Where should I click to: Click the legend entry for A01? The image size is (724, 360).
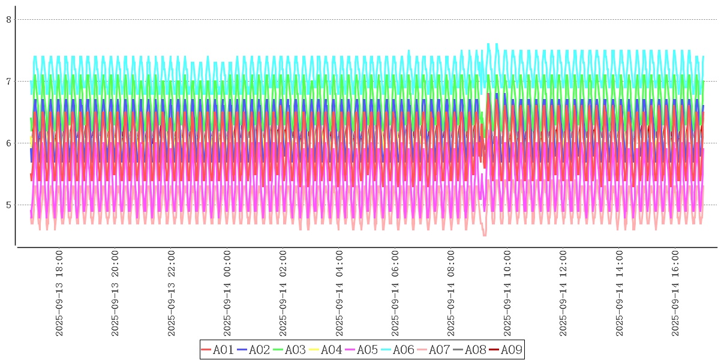coord(217,350)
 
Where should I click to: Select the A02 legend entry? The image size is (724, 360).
coord(253,350)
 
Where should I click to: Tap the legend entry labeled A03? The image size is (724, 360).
coord(289,350)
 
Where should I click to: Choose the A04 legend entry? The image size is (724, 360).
coord(325,350)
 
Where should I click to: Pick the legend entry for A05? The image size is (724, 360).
coord(361,350)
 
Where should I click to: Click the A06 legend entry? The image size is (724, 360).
coord(397,350)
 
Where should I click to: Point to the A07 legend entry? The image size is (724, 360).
coord(433,350)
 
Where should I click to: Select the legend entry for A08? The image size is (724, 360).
coord(469,350)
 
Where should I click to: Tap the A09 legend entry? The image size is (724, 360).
coord(505,350)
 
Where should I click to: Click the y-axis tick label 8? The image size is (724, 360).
coord(9,19)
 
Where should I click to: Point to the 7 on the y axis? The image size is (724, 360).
coord(9,81)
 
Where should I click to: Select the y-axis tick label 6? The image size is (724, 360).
coord(9,143)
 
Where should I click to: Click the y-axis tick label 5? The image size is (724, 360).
coord(9,205)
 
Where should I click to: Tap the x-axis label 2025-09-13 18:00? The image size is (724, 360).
coord(59,293)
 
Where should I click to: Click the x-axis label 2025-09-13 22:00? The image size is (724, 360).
coord(172,293)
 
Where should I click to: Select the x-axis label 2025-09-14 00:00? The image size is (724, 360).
coord(227,293)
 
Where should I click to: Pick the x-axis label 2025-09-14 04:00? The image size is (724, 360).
coord(340,293)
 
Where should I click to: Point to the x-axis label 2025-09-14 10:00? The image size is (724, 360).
coord(507,293)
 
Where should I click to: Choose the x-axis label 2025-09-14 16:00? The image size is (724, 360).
coord(675,293)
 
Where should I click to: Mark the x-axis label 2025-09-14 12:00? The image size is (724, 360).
coord(563,293)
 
